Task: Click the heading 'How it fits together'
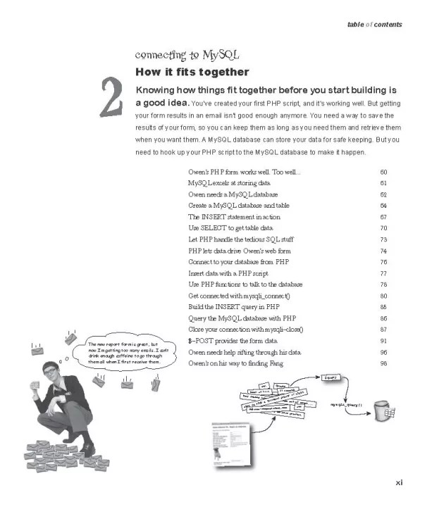(192, 72)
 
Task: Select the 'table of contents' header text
(374, 25)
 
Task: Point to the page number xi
(398, 482)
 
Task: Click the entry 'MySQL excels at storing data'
(230, 183)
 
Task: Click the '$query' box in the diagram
(333, 378)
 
